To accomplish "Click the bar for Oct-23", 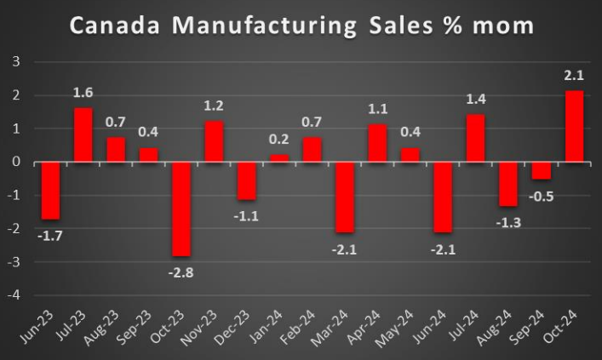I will [181, 209].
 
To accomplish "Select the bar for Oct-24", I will [575, 126].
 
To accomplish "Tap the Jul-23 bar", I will [83, 134].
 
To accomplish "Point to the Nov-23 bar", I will [214, 141].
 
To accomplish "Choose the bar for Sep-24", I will [542, 170].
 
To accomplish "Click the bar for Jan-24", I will [280, 158].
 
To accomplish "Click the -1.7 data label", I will [50, 234].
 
